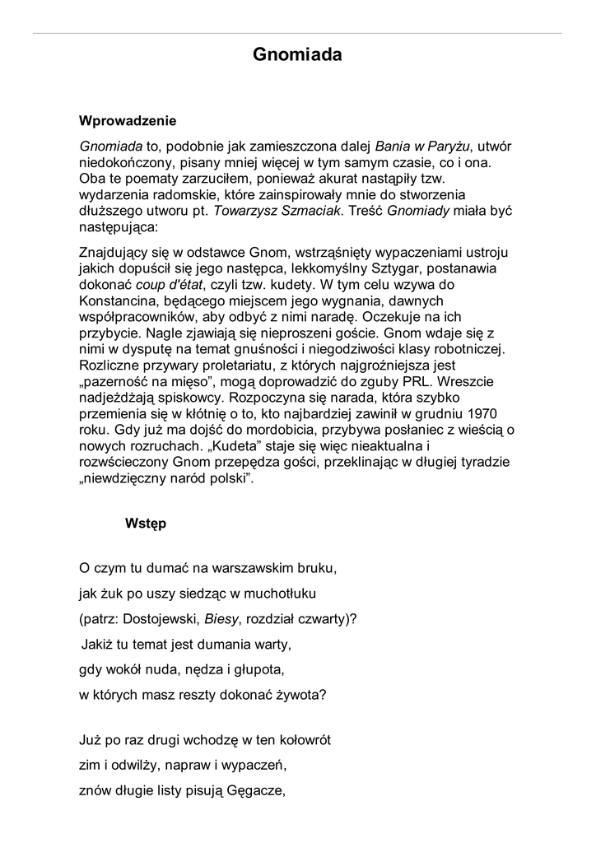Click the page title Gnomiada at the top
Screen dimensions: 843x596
point(297,55)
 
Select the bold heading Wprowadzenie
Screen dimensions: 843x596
point(128,121)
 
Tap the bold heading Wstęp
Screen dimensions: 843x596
point(146,523)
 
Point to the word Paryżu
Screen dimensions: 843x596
point(446,146)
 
